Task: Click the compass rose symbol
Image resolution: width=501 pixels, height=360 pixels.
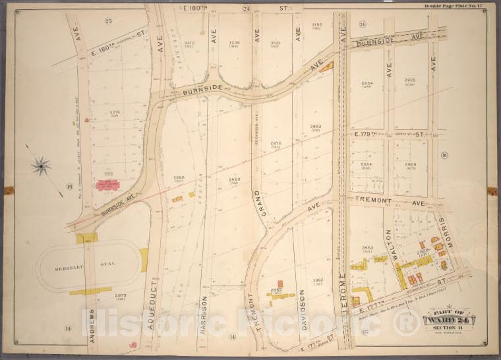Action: tap(41, 165)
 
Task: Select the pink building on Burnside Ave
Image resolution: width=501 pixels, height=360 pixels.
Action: tap(107, 185)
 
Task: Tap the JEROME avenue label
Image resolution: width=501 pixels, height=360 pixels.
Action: tap(342, 278)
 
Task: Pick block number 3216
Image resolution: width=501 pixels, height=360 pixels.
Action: tap(114, 112)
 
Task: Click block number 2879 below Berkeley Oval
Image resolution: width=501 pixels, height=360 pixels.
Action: tap(120, 295)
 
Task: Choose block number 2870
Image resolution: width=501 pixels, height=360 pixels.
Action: tap(276, 142)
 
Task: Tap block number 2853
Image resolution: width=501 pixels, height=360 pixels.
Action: tap(367, 247)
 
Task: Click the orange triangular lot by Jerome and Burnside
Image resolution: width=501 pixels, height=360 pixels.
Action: tap(328, 66)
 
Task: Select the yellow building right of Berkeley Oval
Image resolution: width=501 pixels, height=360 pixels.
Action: tap(144, 260)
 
